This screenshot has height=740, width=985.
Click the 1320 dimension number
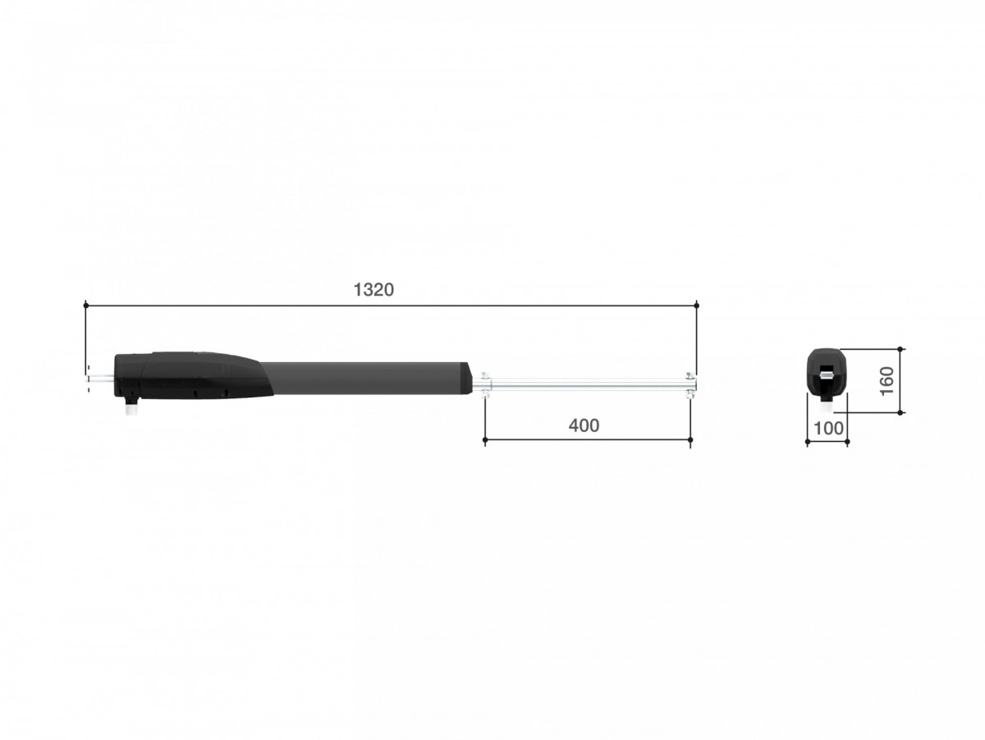(373, 290)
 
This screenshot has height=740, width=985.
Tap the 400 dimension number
(584, 425)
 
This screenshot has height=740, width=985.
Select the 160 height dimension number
(886, 381)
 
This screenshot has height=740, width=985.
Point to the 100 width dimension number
(828, 429)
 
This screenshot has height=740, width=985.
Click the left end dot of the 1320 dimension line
(85, 306)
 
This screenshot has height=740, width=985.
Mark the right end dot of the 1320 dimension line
(696, 306)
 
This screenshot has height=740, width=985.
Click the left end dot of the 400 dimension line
(484, 439)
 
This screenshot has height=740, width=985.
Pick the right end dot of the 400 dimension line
(690, 439)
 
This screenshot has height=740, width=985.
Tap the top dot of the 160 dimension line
(900, 348)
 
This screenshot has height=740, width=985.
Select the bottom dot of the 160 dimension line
(900, 412)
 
